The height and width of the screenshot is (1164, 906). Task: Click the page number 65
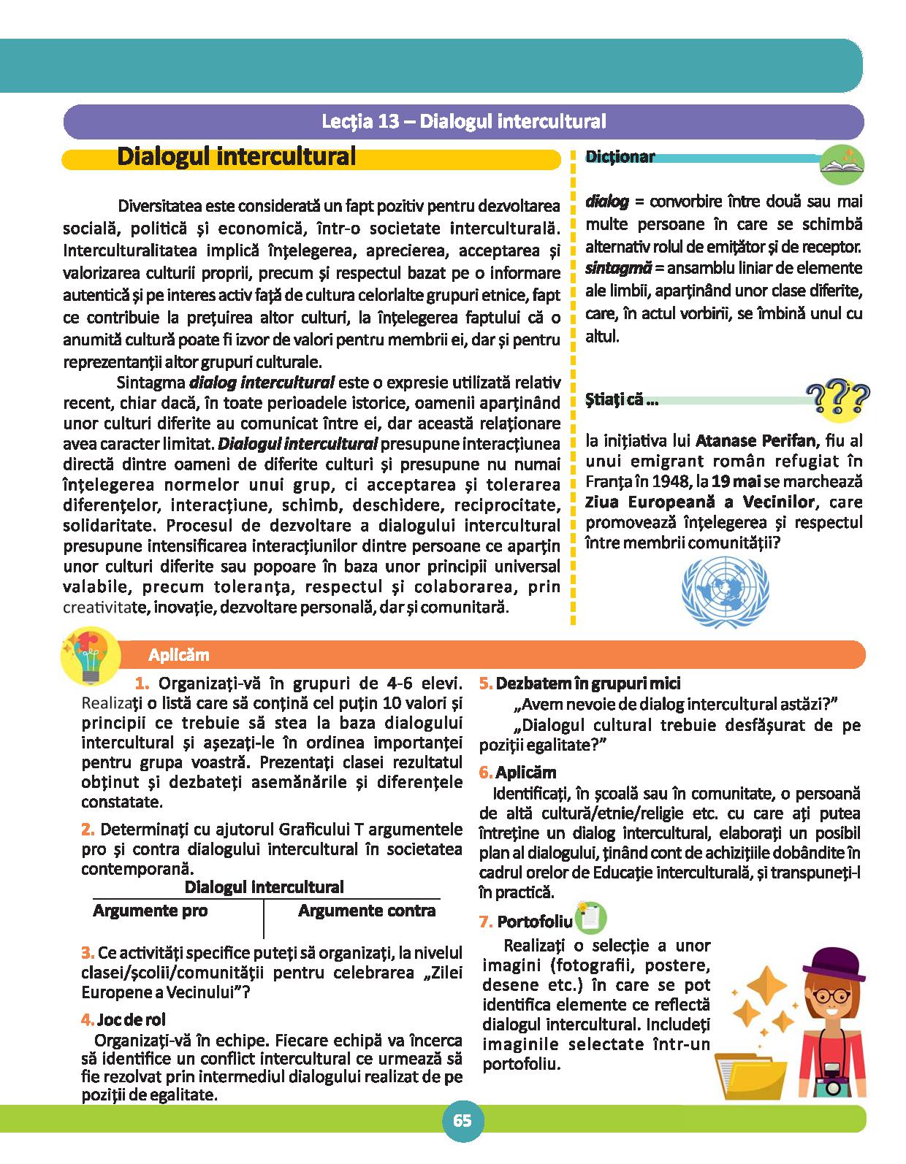(x=462, y=1121)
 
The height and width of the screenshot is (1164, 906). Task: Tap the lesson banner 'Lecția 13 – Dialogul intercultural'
(x=463, y=121)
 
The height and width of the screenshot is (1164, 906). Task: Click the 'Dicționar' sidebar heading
(x=620, y=157)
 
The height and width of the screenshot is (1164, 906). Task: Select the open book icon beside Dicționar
(x=841, y=164)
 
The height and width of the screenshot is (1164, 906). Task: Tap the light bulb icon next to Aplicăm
(x=92, y=654)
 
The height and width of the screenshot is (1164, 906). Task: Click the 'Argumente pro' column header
(x=151, y=911)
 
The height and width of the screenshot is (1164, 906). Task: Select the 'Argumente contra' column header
(x=367, y=911)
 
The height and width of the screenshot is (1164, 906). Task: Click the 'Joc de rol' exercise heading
(x=129, y=1019)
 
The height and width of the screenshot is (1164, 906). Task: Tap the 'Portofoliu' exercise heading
(x=535, y=921)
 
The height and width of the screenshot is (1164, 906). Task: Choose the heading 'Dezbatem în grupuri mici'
(x=587, y=684)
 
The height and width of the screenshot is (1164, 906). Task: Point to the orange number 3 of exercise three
(x=87, y=953)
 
